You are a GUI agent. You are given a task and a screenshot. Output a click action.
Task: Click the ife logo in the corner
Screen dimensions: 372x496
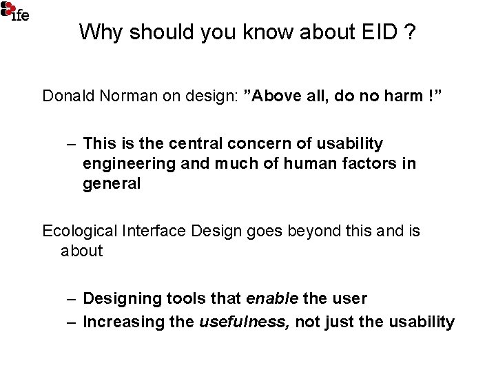pos(14,10)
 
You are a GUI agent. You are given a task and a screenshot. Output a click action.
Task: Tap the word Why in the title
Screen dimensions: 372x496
pos(98,32)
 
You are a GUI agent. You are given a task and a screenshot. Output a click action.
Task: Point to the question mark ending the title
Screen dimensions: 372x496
pos(411,32)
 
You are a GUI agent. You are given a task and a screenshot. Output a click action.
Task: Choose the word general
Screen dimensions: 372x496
pos(111,185)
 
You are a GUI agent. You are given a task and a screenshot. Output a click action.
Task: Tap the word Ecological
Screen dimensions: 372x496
pos(78,230)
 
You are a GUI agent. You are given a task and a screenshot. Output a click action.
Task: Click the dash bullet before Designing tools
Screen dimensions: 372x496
pos(72,299)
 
